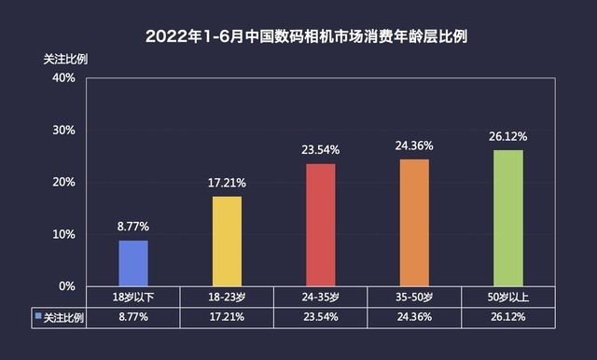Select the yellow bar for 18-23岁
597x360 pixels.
tap(227, 241)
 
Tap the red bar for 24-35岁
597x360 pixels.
tap(321, 225)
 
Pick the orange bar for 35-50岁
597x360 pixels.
tap(414, 222)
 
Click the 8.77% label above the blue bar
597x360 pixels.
tap(132, 226)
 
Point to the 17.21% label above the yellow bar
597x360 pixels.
tap(227, 182)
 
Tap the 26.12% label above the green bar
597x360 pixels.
tap(508, 136)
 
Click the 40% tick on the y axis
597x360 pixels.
tap(63, 77)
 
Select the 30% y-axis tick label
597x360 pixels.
tap(63, 130)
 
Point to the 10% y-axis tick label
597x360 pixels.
tap(63, 234)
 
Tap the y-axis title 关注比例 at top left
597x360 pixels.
tap(64, 58)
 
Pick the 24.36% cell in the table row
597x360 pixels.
tap(414, 318)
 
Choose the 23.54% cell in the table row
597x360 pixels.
tap(321, 318)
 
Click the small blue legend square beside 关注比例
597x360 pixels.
tap(38, 317)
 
